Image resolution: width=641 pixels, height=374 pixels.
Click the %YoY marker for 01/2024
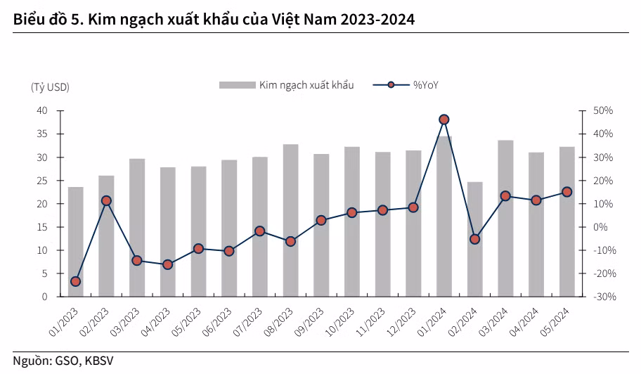tap(443, 120)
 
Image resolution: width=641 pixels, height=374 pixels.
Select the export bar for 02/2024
tap(474, 239)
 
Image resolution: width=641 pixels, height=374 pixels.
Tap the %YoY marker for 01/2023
tap(76, 281)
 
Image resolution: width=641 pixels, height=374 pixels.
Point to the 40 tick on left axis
tap(41, 111)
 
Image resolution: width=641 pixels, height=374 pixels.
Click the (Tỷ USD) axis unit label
tap(50, 86)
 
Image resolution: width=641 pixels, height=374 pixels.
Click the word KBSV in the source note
tap(98, 361)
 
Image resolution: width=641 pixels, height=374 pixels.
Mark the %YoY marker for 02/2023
tap(106, 200)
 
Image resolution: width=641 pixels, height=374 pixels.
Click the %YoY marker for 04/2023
tap(167, 264)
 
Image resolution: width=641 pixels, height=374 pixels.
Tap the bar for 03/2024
tap(505, 218)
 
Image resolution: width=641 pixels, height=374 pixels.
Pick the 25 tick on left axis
tap(41, 181)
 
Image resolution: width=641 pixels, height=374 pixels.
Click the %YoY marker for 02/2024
tap(474, 239)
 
